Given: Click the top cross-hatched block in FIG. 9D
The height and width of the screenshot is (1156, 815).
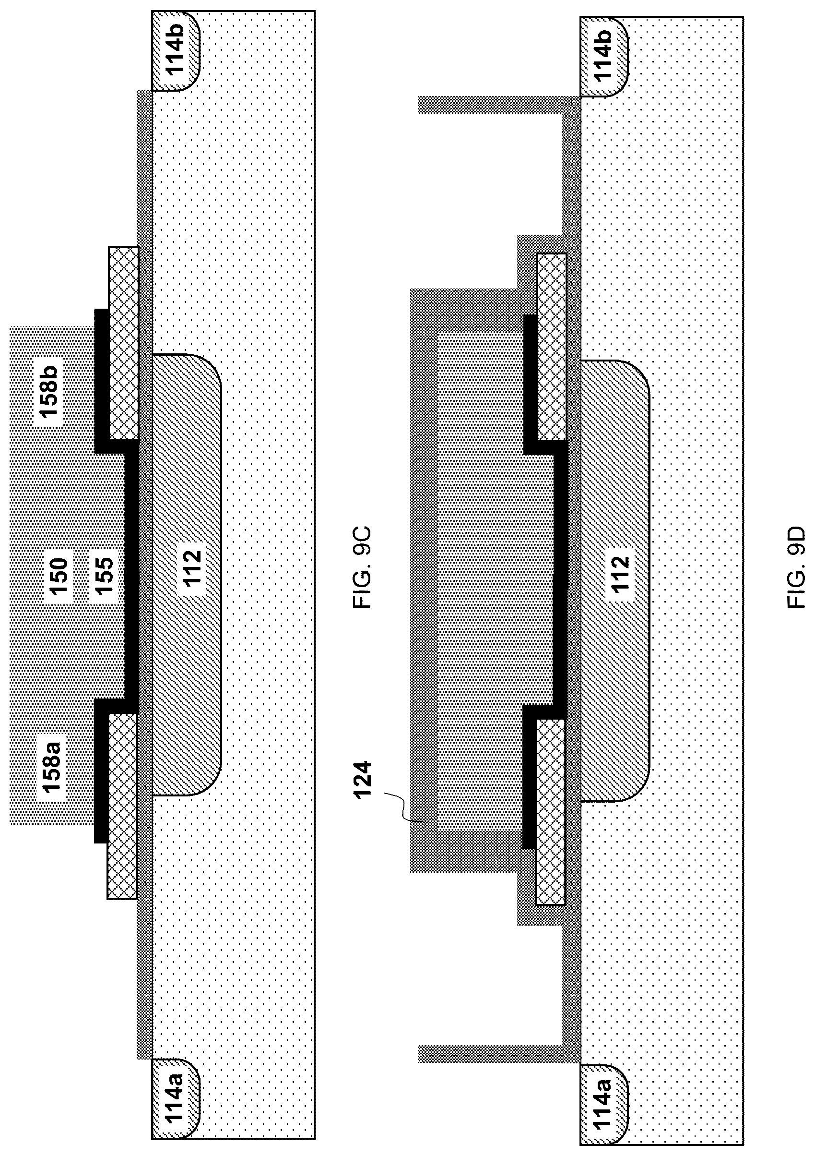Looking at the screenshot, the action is point(551,347).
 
